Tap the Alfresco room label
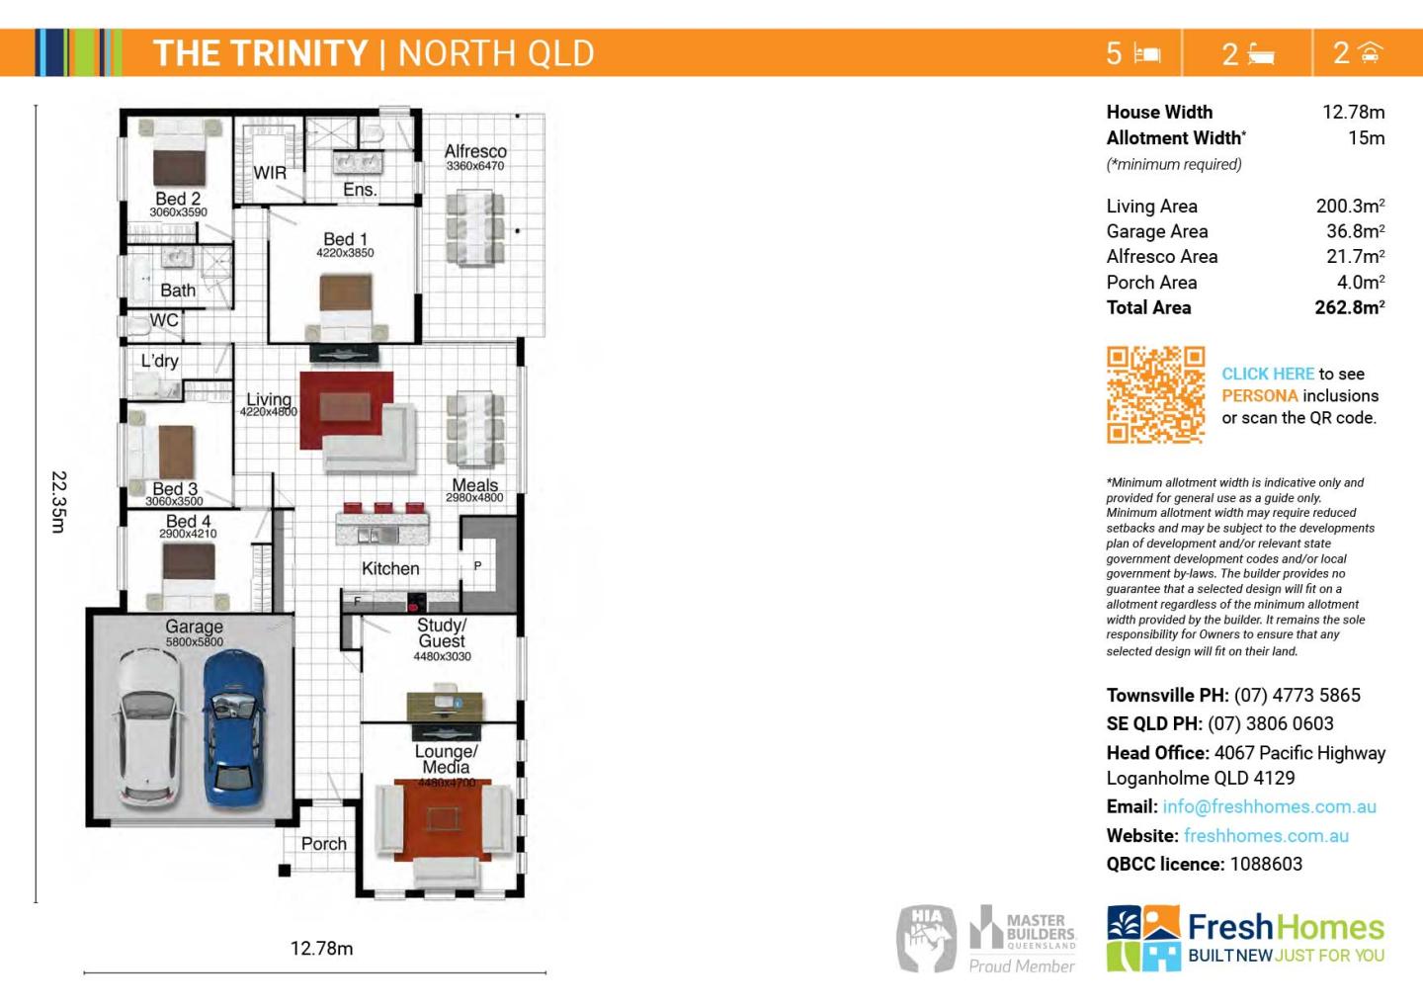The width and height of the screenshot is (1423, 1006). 475,151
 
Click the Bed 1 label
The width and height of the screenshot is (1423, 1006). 345,239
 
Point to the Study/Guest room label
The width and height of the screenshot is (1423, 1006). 441,632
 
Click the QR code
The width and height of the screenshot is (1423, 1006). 1155,394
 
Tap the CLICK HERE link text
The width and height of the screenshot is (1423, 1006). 1268,374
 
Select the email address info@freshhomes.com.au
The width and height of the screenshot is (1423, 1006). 1269,806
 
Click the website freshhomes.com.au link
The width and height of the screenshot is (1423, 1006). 1266,835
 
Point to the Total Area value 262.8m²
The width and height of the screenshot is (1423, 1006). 1349,307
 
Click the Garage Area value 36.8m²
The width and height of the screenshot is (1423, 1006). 1355,231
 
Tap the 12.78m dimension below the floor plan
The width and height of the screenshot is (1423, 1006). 321,949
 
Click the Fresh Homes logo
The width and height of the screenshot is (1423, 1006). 1245,937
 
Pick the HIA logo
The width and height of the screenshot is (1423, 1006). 926,937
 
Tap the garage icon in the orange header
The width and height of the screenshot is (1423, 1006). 1370,52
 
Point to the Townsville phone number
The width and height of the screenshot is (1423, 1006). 1297,695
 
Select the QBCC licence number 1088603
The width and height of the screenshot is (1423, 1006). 1266,864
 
